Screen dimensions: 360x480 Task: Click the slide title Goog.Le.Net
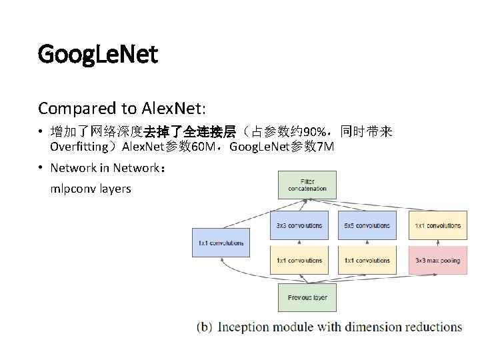pyautogui.click(x=98, y=54)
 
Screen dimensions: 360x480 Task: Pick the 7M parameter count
pyautogui.click(x=326, y=147)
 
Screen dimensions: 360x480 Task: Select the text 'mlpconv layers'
pyautogui.click(x=91, y=189)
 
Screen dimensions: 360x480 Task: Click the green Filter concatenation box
pyautogui.click(x=307, y=185)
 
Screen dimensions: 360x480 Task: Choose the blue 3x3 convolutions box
pyautogui.click(x=299, y=225)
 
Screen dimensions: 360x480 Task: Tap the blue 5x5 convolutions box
pyautogui.click(x=367, y=225)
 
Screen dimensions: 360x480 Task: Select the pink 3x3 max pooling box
pyautogui.click(x=437, y=260)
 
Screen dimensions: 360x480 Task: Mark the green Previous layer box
pyautogui.click(x=307, y=297)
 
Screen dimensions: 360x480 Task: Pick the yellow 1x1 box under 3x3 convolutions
pyautogui.click(x=299, y=260)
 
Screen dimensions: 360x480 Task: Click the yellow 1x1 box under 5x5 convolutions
pyautogui.click(x=367, y=260)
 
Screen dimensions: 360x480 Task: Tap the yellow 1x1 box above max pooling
pyautogui.click(x=437, y=225)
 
